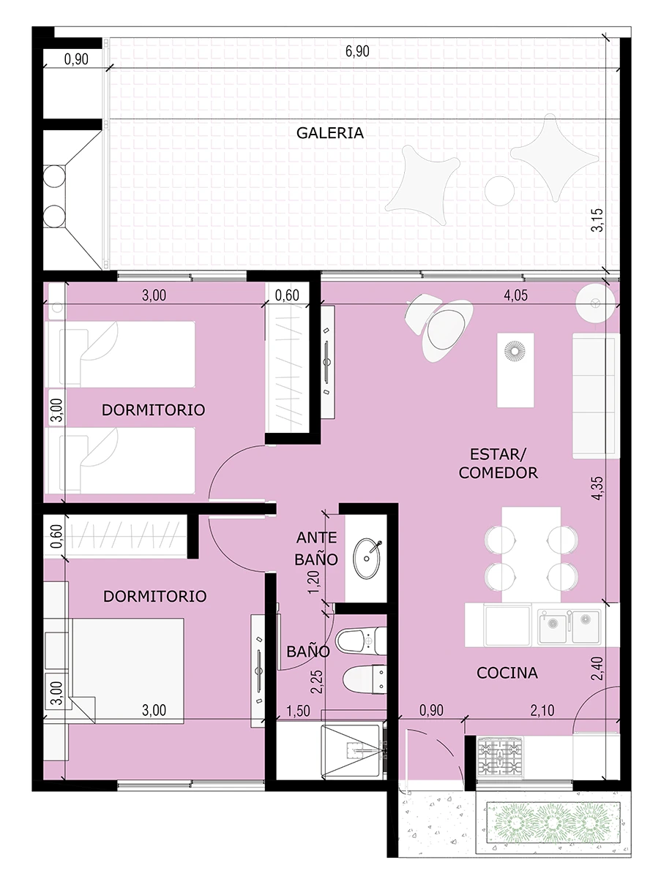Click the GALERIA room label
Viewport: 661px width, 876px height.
point(330,133)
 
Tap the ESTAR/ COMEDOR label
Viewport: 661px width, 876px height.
point(498,463)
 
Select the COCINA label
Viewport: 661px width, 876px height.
point(507,673)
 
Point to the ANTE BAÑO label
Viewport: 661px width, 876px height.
point(316,548)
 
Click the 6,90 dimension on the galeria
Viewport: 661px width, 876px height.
point(357,51)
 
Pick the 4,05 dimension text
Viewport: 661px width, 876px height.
point(515,295)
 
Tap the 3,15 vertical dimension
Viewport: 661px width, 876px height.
point(597,219)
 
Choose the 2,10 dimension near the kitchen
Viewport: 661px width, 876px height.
point(542,710)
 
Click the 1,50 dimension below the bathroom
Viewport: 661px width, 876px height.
point(298,711)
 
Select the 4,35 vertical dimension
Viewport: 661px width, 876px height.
point(597,488)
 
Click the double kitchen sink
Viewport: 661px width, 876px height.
point(569,626)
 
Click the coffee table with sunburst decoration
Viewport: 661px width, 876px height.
point(515,371)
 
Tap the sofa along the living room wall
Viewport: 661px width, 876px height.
point(596,396)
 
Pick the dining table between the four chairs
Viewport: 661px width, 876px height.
point(531,554)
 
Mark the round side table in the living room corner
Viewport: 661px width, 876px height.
point(596,303)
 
